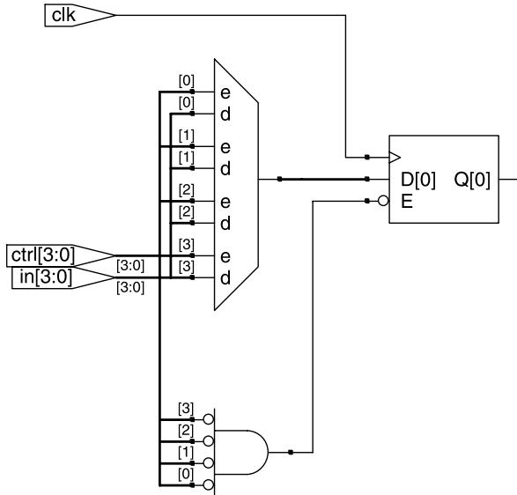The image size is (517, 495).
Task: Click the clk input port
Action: tap(80, 15)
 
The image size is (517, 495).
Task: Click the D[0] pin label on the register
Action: tap(418, 180)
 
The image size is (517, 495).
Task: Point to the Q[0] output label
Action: tap(472, 180)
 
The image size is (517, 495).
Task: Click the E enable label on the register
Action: tap(407, 201)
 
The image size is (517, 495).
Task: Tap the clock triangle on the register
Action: tap(395, 158)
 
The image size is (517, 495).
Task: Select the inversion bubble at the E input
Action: tap(383, 201)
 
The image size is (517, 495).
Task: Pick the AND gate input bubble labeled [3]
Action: tap(209, 419)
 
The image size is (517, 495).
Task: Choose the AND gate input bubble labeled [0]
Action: tap(209, 484)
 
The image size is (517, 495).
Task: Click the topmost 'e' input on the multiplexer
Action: tap(225, 93)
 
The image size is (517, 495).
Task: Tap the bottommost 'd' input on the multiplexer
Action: tap(225, 278)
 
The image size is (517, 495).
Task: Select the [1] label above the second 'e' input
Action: tap(187, 136)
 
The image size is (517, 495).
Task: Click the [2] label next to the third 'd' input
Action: tap(187, 212)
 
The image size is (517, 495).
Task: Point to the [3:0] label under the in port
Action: tap(130, 287)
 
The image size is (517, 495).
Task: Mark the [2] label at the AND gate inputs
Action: tap(186, 431)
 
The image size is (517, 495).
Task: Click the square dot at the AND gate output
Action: tap(291, 452)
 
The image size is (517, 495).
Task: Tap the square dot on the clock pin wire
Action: tap(367, 158)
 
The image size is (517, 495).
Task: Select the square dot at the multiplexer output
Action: tap(279, 179)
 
